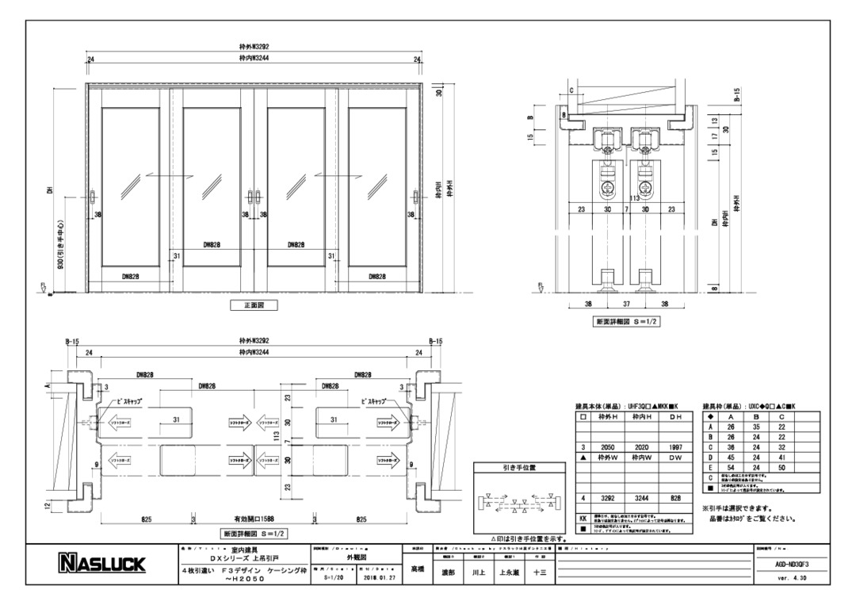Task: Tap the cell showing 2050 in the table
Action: coord(608,448)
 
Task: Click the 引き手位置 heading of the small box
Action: coord(519,468)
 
